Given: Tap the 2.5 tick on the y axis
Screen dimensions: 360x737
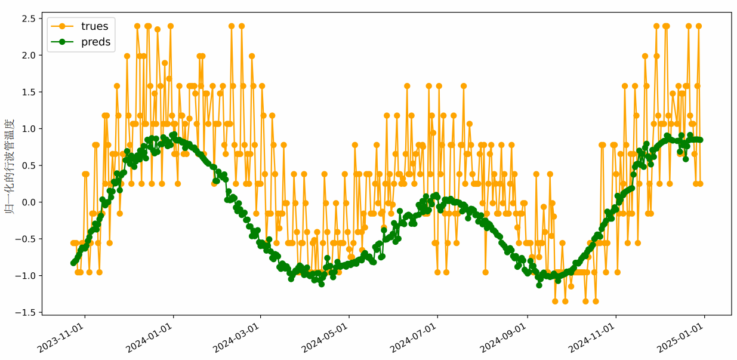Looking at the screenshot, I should click(29, 19).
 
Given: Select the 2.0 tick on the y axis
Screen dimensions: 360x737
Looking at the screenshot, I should click(29, 55).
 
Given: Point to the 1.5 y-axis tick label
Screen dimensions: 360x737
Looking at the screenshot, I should click(29, 92).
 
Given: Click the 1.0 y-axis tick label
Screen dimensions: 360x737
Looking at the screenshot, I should click(29, 128).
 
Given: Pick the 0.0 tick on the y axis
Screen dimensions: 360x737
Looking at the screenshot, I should click(29, 202).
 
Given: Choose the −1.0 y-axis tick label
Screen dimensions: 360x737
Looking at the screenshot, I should click(26, 275).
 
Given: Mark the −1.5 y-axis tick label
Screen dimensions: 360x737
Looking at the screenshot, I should click(26, 312).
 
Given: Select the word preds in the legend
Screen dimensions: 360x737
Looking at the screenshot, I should click(96, 42).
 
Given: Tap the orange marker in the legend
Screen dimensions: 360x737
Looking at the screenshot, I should click(62, 26).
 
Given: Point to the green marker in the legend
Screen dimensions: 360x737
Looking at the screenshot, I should click(62, 42).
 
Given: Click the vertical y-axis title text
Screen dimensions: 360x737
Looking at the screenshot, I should click(10, 165).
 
